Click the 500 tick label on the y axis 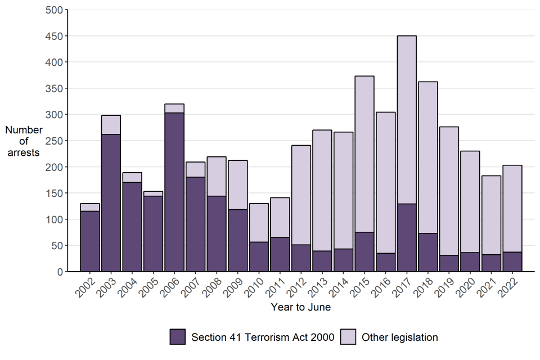(x=54, y=10)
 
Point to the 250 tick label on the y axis (x=54, y=141)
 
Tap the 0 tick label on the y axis (x=59, y=272)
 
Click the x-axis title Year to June (x=301, y=308)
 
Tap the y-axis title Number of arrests (x=24, y=141)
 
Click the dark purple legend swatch (x=178, y=337)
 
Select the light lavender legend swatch (x=348, y=337)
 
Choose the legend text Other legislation (x=399, y=337)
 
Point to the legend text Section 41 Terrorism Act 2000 (x=263, y=337)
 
